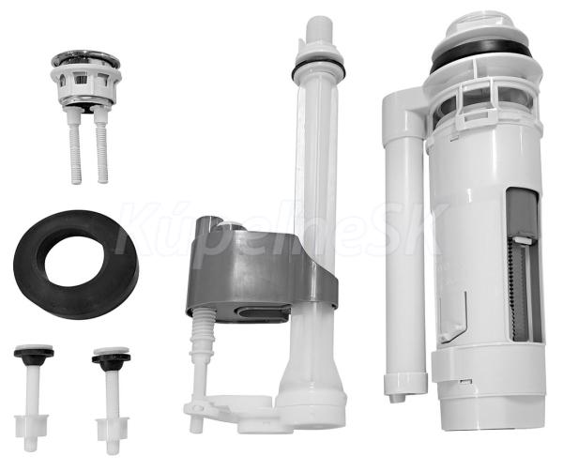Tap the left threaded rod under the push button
75,147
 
